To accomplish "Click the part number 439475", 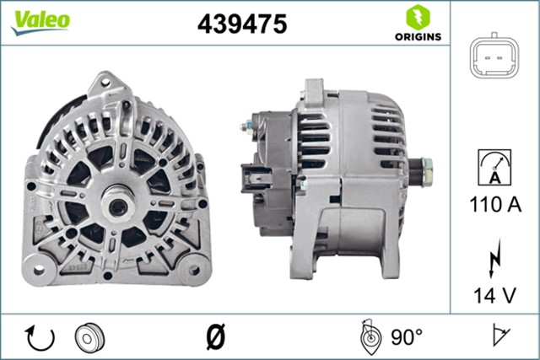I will [242, 24].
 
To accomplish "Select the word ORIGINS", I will [415, 36].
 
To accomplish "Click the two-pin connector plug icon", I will [494, 57].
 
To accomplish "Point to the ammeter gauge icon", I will [494, 166].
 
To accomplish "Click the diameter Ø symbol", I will [215, 336].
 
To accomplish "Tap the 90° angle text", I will [406, 337].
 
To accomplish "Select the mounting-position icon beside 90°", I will [369, 337].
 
